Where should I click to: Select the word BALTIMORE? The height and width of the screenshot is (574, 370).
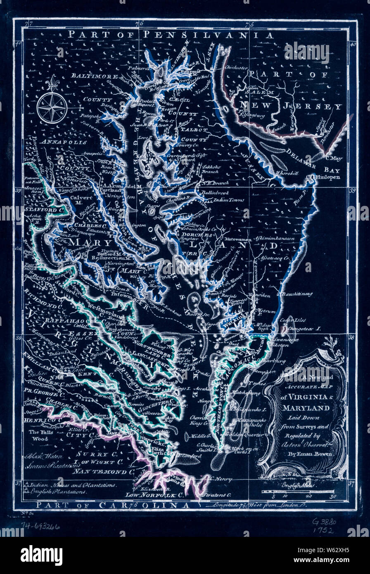[94, 76]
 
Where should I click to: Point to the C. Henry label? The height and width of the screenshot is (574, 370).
[219, 479]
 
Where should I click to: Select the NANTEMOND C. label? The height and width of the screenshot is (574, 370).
[109, 471]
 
